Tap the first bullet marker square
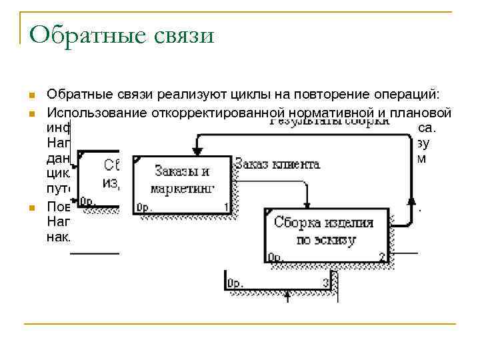(31, 95)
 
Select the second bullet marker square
(31, 113)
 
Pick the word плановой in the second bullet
(419, 113)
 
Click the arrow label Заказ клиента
(277, 164)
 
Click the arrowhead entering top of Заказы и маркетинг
(197, 151)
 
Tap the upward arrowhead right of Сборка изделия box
(412, 199)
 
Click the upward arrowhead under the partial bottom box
(287, 294)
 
